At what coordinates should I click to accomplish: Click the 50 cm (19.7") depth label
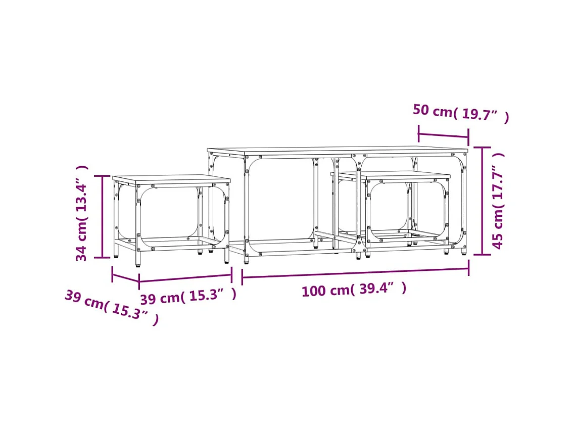[x=460, y=114]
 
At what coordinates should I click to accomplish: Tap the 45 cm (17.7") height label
[x=498, y=201]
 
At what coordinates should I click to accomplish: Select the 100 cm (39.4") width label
[x=354, y=290]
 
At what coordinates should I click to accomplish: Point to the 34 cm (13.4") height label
[x=82, y=213]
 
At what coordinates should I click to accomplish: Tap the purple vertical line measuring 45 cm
[x=482, y=201]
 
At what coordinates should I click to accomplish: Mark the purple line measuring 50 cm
[x=443, y=135]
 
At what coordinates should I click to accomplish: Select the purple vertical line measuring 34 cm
[x=103, y=216]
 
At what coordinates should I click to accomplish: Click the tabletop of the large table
[x=338, y=151]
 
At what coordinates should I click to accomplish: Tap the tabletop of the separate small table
[x=171, y=179]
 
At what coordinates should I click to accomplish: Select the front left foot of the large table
[x=247, y=260]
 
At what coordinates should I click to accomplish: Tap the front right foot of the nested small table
[x=446, y=251]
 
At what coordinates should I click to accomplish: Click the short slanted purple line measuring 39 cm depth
[x=125, y=277]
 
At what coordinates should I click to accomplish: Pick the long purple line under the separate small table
[x=185, y=278]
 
